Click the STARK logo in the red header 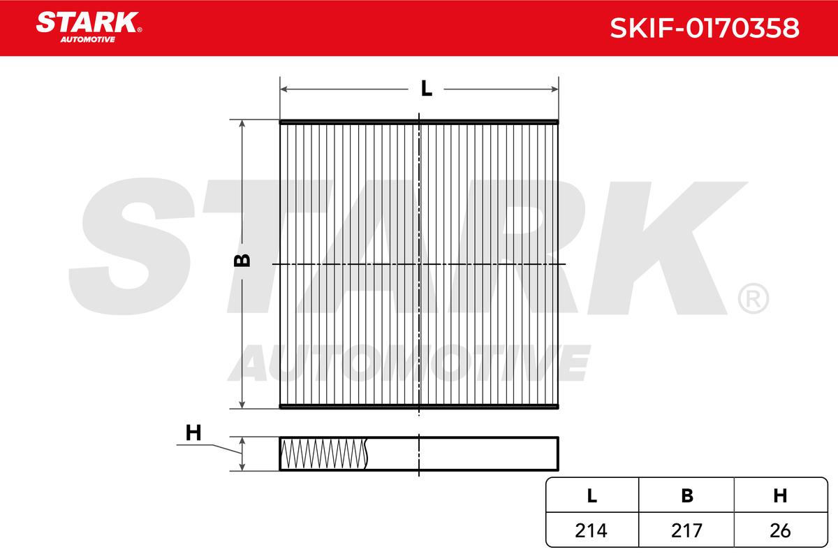click(x=88, y=22)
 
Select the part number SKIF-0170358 click(x=705, y=28)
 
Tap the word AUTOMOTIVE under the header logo click(x=88, y=39)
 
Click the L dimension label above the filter click(x=426, y=88)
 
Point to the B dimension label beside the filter click(x=242, y=261)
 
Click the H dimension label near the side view click(x=193, y=433)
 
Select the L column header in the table click(x=592, y=495)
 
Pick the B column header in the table click(x=687, y=495)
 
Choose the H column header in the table click(x=780, y=495)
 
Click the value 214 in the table click(x=591, y=530)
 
